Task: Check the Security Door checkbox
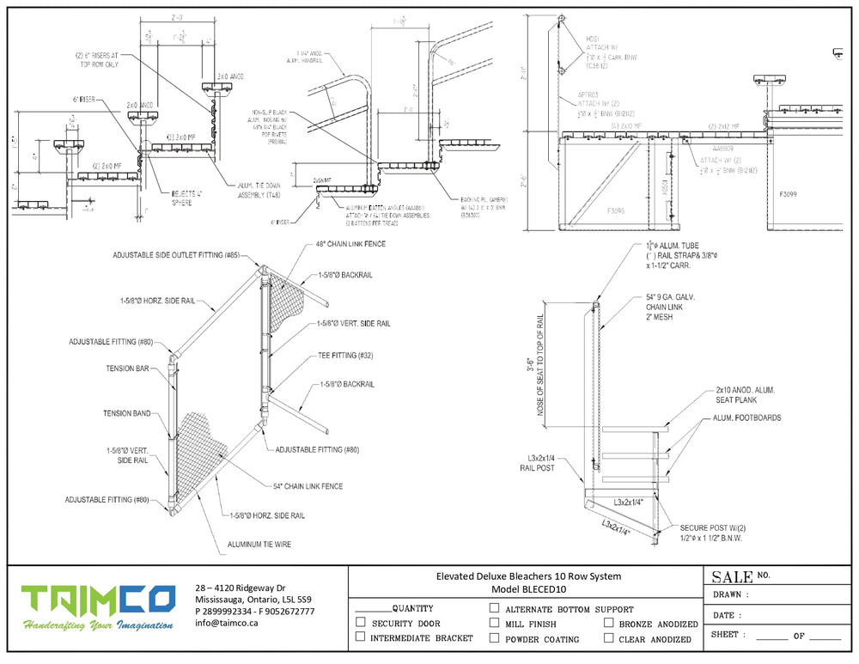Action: tap(360, 624)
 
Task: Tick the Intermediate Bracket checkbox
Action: tap(360, 638)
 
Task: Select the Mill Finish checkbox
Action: tap(494, 624)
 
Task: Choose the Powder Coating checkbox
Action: tap(494, 638)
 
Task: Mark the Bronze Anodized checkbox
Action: tap(609, 624)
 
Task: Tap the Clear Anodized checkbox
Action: tap(609, 638)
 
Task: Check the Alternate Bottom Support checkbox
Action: tap(494, 608)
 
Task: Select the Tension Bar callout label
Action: tap(130, 369)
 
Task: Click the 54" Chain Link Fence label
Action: tap(308, 486)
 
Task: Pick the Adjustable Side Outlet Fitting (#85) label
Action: tap(174, 256)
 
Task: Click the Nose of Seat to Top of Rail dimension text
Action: tap(540, 365)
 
